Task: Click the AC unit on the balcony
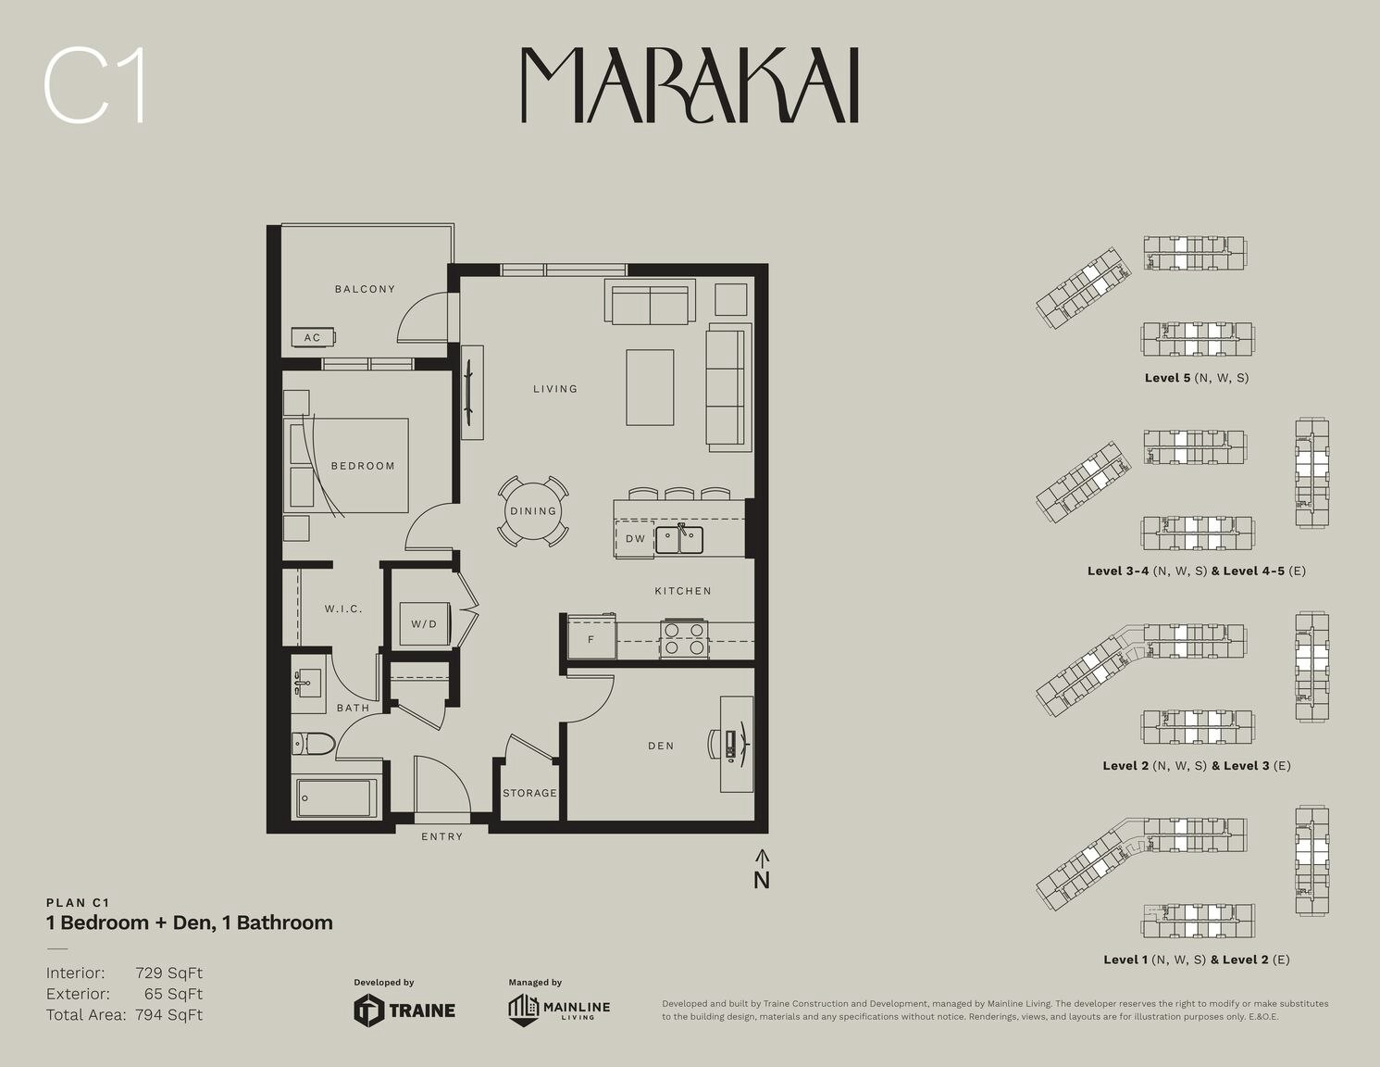313,337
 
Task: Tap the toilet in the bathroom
313,744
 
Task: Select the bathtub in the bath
335,797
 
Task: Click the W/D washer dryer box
425,623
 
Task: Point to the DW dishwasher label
635,538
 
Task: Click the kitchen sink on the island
678,540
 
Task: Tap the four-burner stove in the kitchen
684,638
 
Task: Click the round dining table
533,511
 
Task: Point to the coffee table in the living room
650,388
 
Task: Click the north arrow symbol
762,869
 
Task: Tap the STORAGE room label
529,793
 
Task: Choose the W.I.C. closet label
343,609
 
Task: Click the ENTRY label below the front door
442,837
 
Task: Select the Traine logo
404,1011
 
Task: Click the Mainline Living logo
559,1011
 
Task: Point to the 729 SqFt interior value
169,973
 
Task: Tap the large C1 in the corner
95,86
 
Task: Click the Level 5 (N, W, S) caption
1197,378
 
